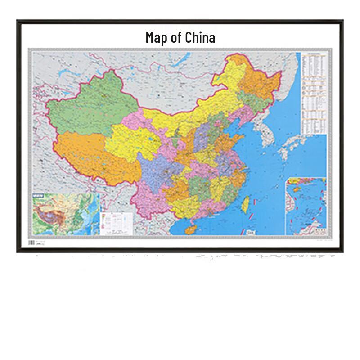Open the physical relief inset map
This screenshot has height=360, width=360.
coord(65,213)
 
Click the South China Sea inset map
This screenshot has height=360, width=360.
coord(306,205)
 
